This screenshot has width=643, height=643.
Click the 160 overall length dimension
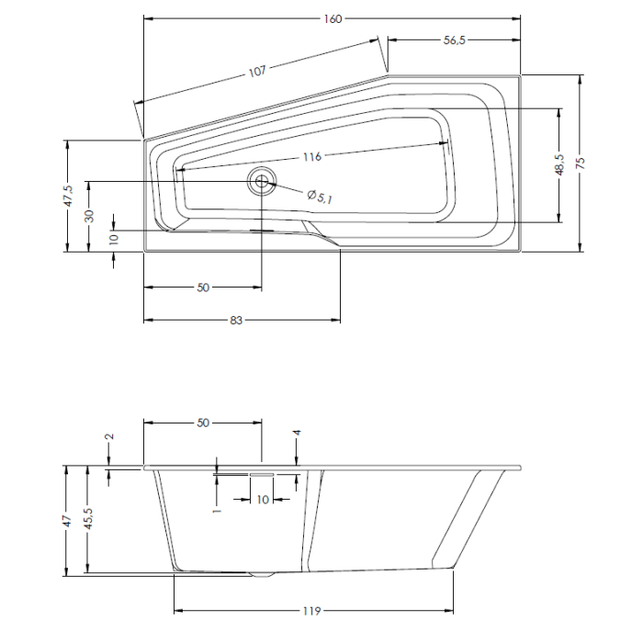[x=333, y=19]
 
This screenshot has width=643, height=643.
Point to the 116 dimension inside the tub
[x=311, y=157]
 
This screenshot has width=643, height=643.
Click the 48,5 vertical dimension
[x=558, y=164]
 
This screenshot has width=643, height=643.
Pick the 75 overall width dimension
[x=581, y=163]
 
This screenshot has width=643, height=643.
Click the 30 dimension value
[x=89, y=215]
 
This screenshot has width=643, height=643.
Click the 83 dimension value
[x=236, y=321]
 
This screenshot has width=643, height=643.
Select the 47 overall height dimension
[x=66, y=520]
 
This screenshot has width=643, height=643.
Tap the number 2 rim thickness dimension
[x=109, y=437]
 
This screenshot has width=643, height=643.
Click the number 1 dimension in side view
[x=216, y=503]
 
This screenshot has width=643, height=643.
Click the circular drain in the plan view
[x=262, y=182]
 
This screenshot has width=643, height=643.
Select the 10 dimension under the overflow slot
[x=262, y=499]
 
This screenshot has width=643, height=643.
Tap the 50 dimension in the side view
[x=203, y=423]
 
